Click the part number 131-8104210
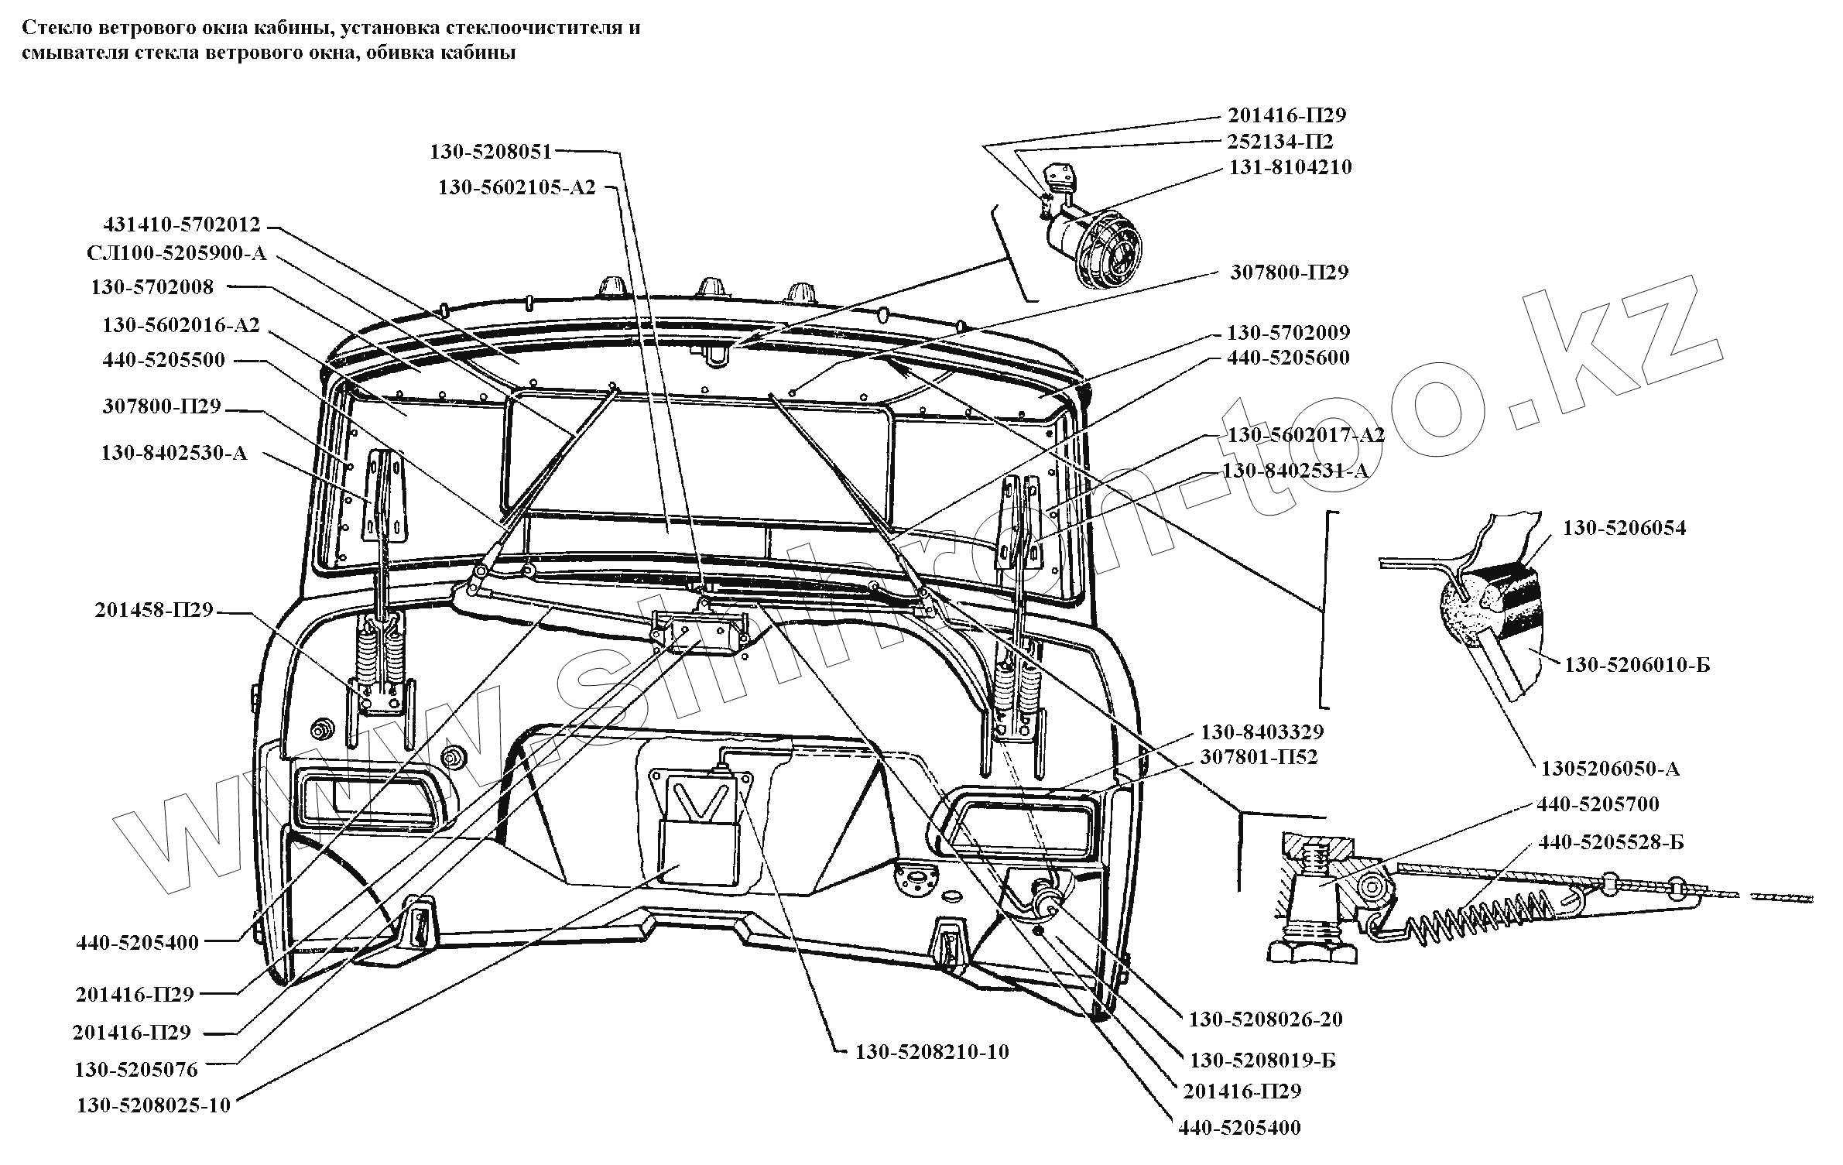pos(1290,167)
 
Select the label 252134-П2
pos(1280,142)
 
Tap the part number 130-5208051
pos(491,152)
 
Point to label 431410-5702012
pos(182,225)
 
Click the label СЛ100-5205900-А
pos(177,254)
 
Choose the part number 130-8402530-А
pos(174,453)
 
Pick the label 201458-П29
pos(154,610)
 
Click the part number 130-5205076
pos(136,1070)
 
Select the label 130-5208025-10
pos(153,1105)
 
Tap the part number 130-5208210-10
pos(932,1052)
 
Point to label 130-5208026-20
pos(1266,1019)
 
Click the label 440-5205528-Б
pos(1611,842)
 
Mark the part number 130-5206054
pos(1624,528)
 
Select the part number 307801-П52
pos(1259,756)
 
